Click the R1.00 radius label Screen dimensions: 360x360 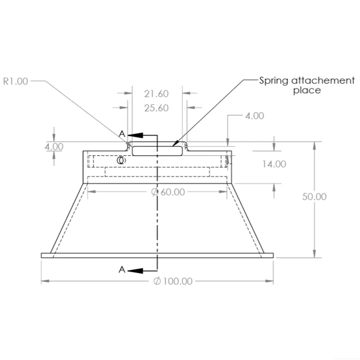tap(15, 81)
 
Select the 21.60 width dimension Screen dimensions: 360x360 tap(156, 94)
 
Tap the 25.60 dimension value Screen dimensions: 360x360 tap(156, 108)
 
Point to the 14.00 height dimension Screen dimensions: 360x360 tap(274, 164)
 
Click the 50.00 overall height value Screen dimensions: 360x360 tap(314, 196)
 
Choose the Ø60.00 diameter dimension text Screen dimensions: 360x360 tap(168, 192)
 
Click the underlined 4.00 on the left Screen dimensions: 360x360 tap(54, 147)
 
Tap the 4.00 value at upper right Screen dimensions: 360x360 tap(255, 116)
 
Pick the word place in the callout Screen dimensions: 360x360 tap(307, 91)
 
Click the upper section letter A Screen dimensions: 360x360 tap(122, 134)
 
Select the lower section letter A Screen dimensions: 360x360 tap(122, 269)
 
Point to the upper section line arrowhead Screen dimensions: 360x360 tap(132, 134)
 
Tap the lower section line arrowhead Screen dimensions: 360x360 tap(133, 270)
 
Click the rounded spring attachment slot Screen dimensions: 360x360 tap(157, 151)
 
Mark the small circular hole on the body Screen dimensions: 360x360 tap(121, 160)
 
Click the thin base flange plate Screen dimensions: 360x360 tap(157, 255)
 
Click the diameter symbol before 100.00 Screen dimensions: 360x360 tap(157, 281)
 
